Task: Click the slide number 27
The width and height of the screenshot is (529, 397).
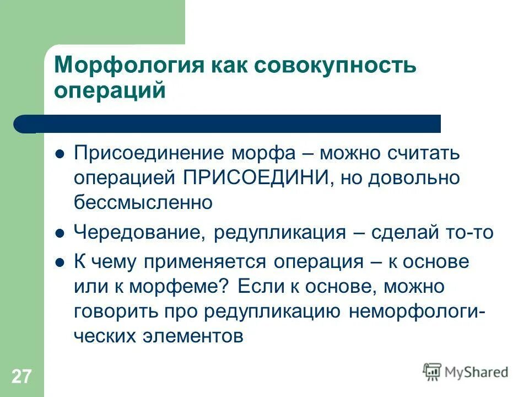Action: click(x=21, y=377)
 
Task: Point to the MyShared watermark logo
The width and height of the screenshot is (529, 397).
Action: click(x=465, y=372)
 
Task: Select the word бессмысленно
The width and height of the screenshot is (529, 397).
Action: click(x=143, y=202)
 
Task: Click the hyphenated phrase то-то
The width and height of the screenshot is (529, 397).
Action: click(x=472, y=233)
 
